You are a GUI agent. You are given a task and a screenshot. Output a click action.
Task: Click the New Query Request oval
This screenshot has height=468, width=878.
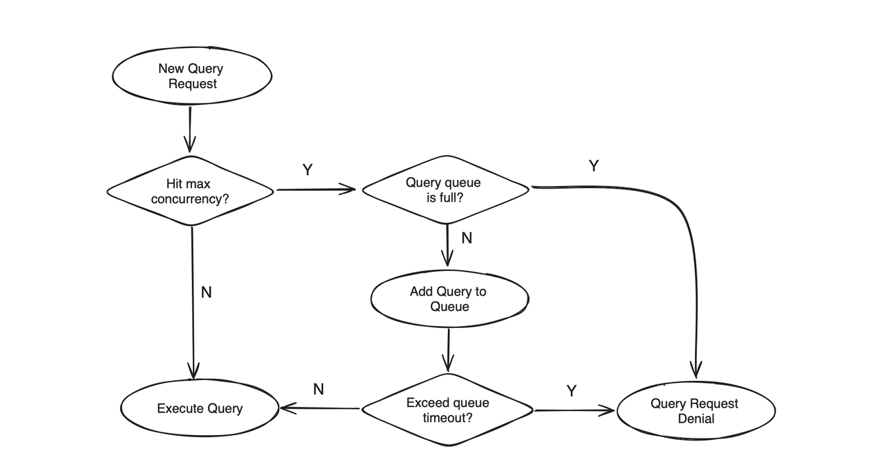point(191,75)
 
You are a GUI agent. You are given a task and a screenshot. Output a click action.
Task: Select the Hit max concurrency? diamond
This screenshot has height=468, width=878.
point(190,191)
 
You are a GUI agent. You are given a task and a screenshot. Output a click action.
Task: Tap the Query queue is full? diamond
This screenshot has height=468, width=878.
point(445,190)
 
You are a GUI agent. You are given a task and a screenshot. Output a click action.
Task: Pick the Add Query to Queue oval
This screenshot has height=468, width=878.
point(449,299)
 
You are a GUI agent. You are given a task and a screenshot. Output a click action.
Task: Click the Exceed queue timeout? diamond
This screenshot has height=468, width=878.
point(447,410)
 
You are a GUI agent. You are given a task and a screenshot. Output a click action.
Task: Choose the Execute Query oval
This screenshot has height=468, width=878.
point(200,408)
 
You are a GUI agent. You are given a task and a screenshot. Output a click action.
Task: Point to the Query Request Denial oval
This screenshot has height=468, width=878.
point(696,411)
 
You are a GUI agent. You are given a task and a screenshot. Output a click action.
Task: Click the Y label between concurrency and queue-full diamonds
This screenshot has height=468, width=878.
point(307,170)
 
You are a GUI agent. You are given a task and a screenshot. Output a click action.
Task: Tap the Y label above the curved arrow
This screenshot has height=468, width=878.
point(594,165)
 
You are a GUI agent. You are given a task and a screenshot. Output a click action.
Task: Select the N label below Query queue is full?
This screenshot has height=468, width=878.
point(466,238)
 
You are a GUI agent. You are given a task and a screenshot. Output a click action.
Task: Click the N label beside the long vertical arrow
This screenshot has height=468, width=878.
point(206,292)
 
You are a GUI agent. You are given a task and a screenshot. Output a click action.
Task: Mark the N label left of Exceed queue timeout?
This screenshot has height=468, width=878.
point(318,389)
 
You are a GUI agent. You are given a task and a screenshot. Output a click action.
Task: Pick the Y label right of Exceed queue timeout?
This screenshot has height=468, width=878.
point(571,390)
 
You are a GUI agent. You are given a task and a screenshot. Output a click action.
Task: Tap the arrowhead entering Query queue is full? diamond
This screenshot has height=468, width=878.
point(350,190)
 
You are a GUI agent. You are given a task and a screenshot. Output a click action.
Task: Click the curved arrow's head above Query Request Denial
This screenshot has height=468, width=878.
point(697,371)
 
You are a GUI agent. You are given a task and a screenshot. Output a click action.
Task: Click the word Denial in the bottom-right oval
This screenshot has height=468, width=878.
point(696,419)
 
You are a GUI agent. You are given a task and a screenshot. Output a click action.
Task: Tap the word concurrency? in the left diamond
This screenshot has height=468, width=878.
point(167,199)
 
